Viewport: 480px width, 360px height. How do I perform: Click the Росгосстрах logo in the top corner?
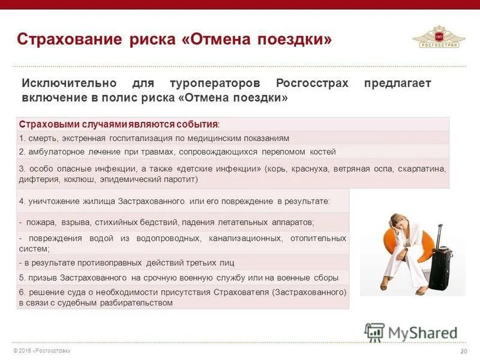(x=439, y=37)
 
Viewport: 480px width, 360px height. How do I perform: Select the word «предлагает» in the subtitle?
(x=397, y=83)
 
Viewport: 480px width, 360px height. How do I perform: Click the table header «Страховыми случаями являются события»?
(x=119, y=124)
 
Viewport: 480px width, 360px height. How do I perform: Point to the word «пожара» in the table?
(x=40, y=222)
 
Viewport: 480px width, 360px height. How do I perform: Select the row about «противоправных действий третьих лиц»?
(x=126, y=263)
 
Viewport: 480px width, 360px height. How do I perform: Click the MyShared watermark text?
(x=422, y=332)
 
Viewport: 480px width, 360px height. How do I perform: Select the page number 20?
(x=463, y=351)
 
